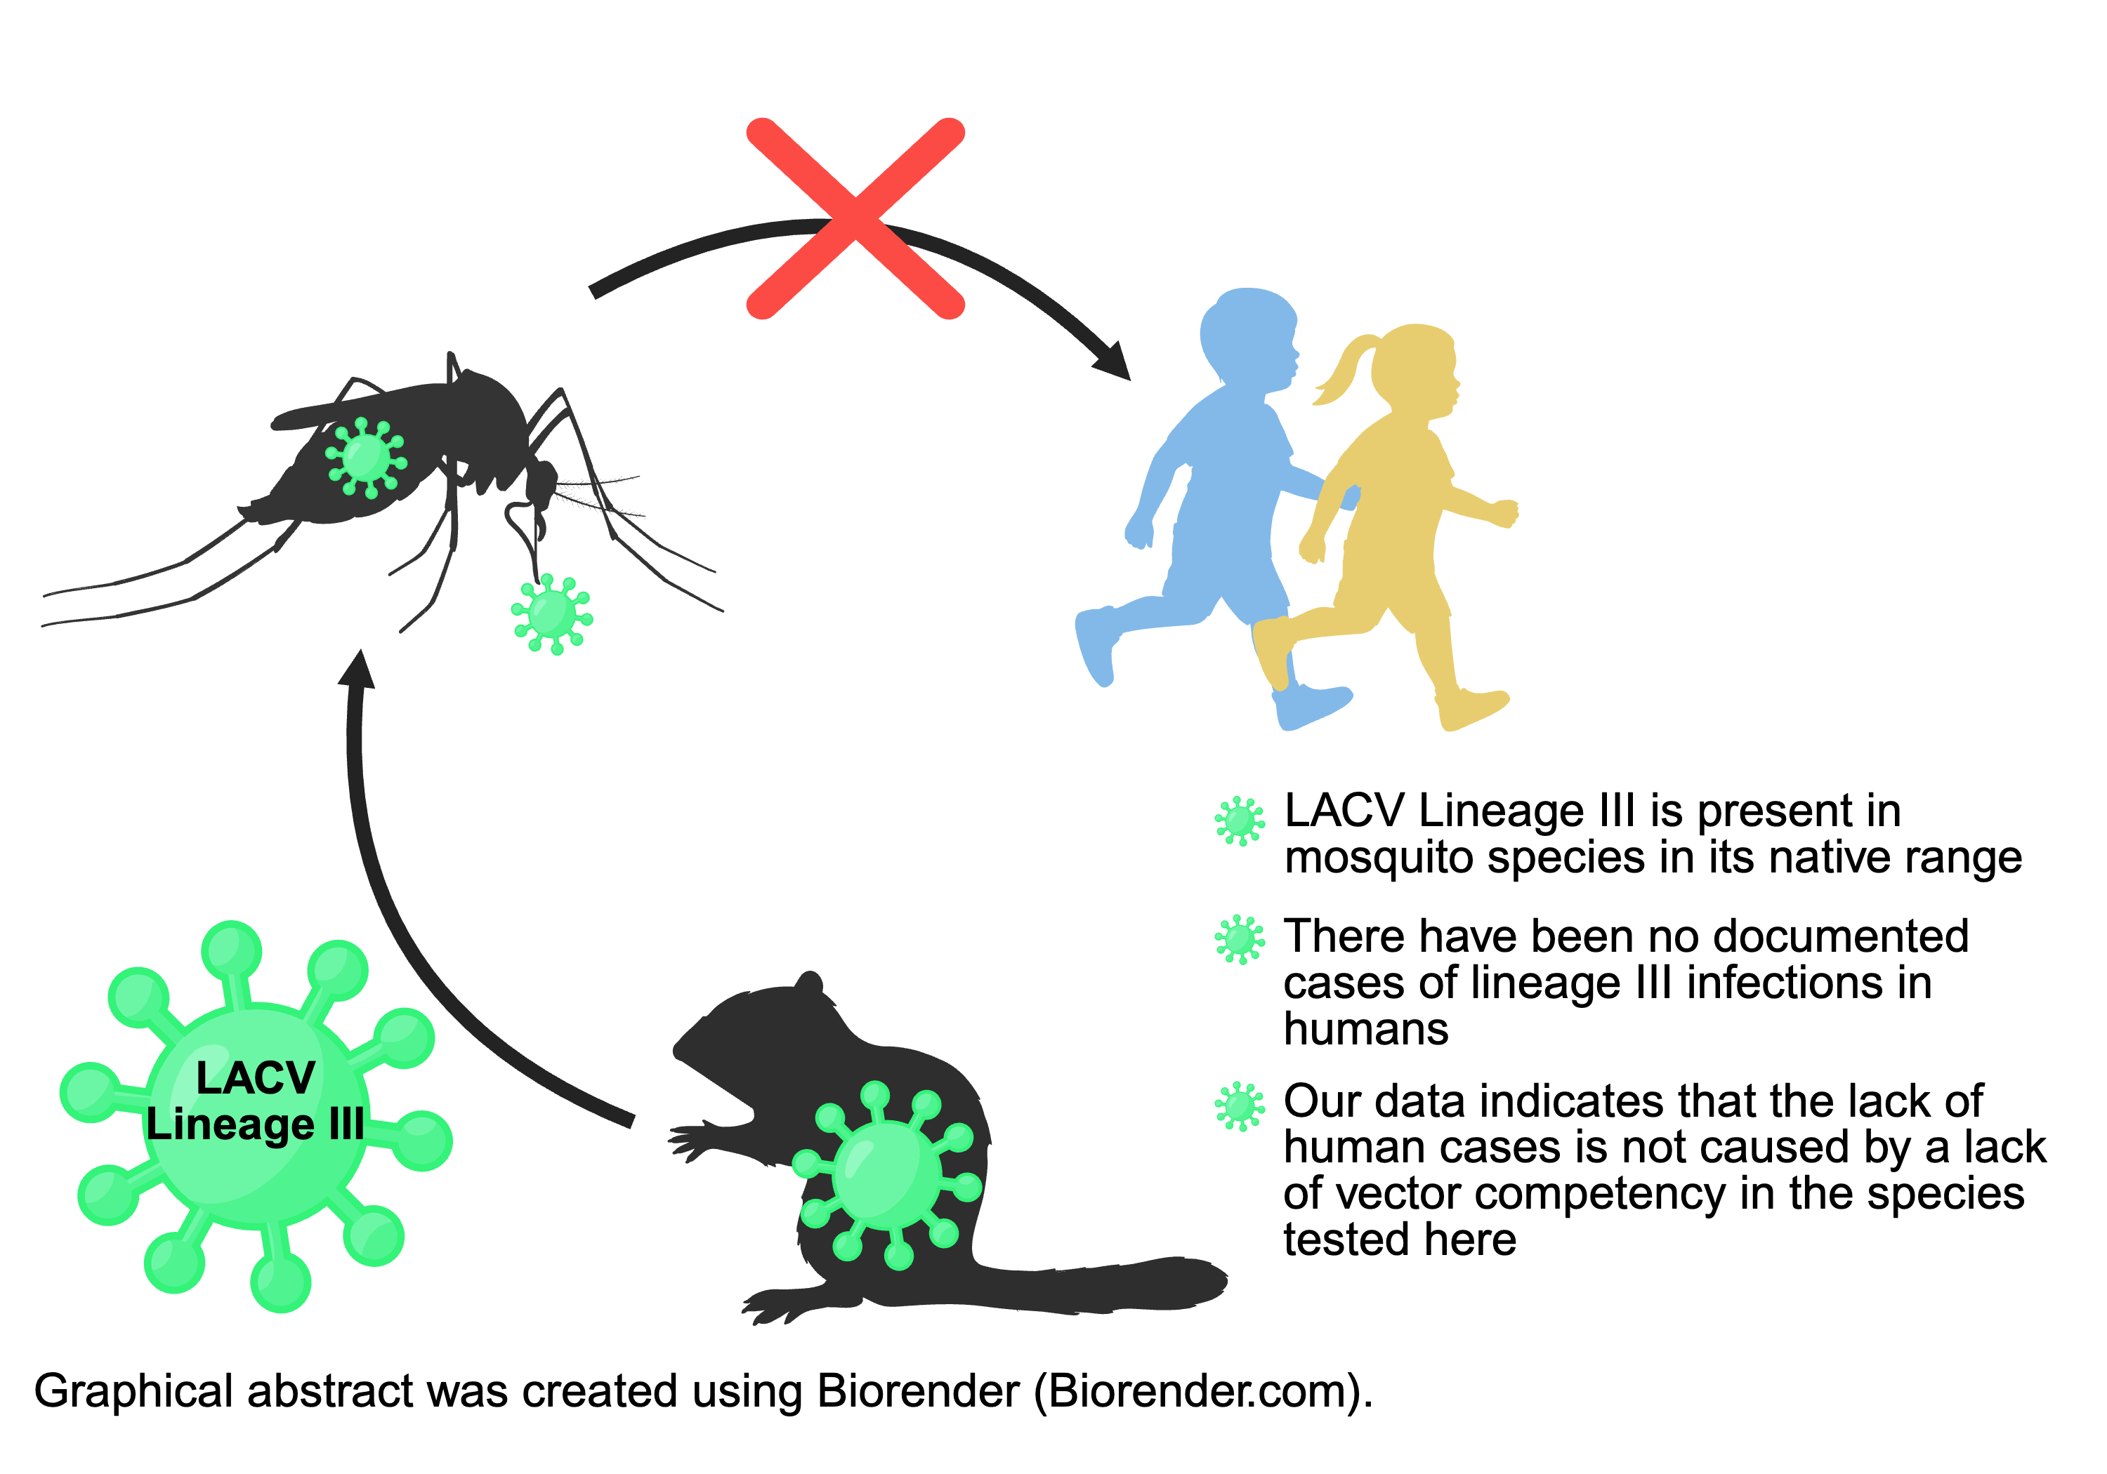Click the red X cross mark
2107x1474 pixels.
point(855,218)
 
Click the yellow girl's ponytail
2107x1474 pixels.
point(1344,371)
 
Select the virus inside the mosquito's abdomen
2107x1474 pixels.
point(366,456)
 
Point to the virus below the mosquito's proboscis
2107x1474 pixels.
point(551,613)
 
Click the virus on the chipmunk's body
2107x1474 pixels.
point(886,1174)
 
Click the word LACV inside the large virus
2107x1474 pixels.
point(255,1077)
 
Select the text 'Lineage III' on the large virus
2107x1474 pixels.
point(255,1124)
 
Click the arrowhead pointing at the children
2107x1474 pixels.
point(1112,361)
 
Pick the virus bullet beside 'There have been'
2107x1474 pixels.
point(1239,938)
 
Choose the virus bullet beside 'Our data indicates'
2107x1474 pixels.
point(1239,1105)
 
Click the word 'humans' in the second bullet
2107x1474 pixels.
point(1365,1029)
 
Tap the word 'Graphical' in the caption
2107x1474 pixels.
point(133,1391)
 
